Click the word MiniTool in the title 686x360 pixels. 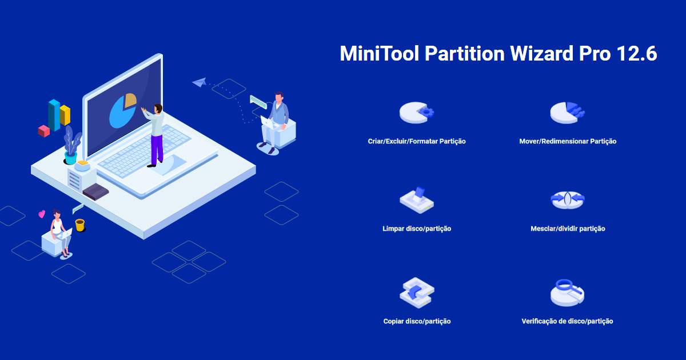pyautogui.click(x=380, y=53)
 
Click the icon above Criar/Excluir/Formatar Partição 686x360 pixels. pyautogui.click(x=417, y=113)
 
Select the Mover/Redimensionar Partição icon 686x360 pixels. pyautogui.click(x=568, y=113)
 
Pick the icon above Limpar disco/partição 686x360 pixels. pyautogui.click(x=417, y=200)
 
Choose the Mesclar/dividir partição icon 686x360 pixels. pyautogui.click(x=568, y=200)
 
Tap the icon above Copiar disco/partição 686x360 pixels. pyautogui.click(x=417, y=293)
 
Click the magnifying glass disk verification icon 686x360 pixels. pyautogui.click(x=568, y=293)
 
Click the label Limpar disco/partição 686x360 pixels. pyautogui.click(x=417, y=229)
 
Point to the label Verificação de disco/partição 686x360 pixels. pyautogui.click(x=568, y=321)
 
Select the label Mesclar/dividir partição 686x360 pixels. pyautogui.click(x=568, y=229)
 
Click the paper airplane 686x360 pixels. pyautogui.click(x=199, y=82)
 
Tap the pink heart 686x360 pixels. pyautogui.click(x=42, y=214)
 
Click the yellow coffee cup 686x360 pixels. pyautogui.click(x=80, y=225)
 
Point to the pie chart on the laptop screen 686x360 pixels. pyautogui.click(x=123, y=110)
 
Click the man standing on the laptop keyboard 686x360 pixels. pyautogui.click(x=155, y=135)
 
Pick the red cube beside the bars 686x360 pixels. pyautogui.click(x=44, y=131)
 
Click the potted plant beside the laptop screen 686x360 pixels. pyautogui.click(x=72, y=145)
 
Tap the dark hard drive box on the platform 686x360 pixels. pyautogui.click(x=96, y=192)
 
